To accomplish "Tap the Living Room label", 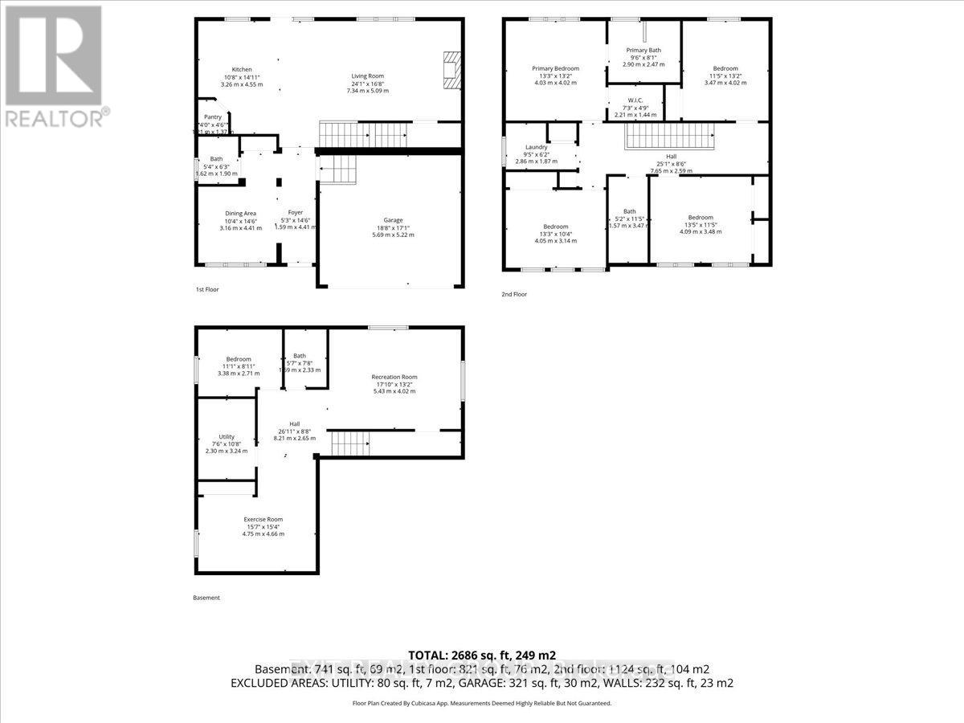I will coord(367,76).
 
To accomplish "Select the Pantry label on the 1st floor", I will coord(212,117).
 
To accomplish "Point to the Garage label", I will coord(393,220).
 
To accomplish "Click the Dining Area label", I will coord(240,214).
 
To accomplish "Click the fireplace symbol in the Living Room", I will coord(453,69).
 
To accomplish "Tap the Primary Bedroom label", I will coord(555,68).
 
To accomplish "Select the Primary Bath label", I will coord(643,51).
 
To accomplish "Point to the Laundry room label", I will coord(537,148).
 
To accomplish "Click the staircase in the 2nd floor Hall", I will coord(669,137).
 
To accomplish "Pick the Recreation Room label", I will coord(394,378).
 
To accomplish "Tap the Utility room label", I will coord(226,437).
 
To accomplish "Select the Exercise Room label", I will coord(263,519).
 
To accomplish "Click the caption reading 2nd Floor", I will coord(514,295).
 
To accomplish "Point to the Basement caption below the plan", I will coord(206,598).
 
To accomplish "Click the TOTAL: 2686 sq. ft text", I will coord(482,655).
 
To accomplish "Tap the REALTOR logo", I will coord(55,64).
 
